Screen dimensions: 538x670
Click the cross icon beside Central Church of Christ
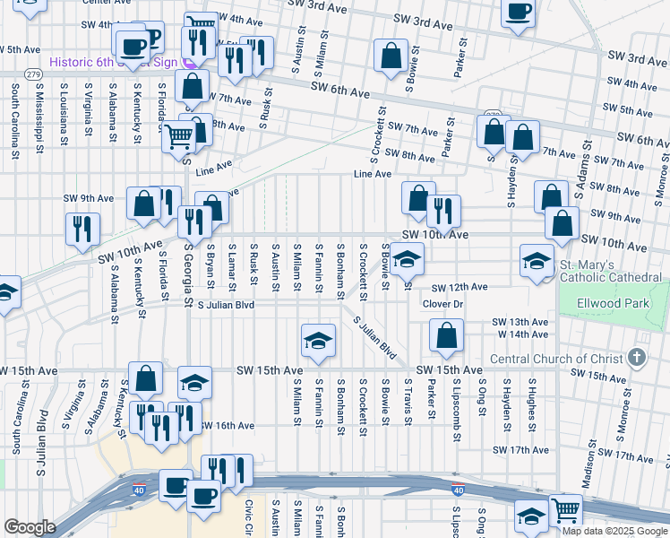tap(637, 359)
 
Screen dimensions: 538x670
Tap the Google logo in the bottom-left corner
tap(30, 526)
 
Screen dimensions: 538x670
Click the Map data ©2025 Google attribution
tap(614, 531)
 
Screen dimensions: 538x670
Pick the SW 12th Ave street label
tap(459, 287)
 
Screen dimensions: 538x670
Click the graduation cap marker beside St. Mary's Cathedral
tap(537, 261)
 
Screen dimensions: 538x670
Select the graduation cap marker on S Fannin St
tap(318, 341)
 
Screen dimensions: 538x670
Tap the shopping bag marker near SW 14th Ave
tap(446, 336)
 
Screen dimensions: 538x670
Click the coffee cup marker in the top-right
tap(517, 11)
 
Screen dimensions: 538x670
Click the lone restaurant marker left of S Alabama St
tap(82, 228)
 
